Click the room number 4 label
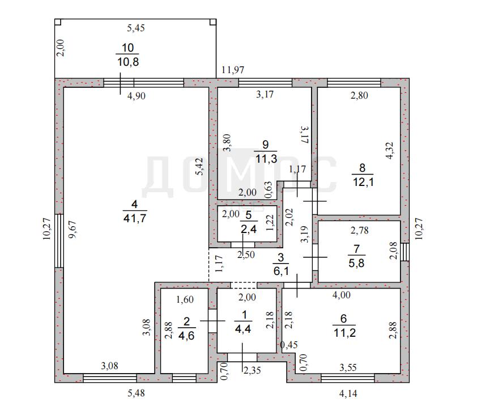click(x=135, y=204)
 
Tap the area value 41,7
click(x=135, y=218)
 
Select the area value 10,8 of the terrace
click(x=128, y=62)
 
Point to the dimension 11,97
click(x=233, y=70)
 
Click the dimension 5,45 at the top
click(x=135, y=28)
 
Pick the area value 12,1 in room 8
click(x=363, y=182)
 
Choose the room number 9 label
click(x=266, y=145)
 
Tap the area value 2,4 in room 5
click(x=249, y=229)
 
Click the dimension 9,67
click(x=73, y=229)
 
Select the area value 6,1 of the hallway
click(x=281, y=271)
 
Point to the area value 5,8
click(x=356, y=262)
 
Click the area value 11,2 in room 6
click(x=344, y=332)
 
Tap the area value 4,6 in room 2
click(x=186, y=336)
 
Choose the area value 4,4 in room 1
click(x=243, y=329)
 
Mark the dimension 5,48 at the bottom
click(x=136, y=393)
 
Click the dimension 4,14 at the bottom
click(x=348, y=393)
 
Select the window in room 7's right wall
click(x=405, y=252)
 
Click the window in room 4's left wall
click(x=59, y=241)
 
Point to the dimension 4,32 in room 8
click(x=390, y=150)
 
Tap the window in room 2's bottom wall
click(x=184, y=378)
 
